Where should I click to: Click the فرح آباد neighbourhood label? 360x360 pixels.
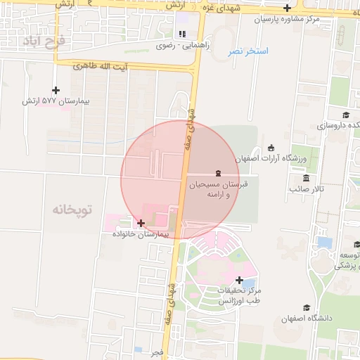(x=44, y=41)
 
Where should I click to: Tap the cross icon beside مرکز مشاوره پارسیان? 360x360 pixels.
(x=287, y=8)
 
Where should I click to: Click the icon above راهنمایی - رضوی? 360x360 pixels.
(x=183, y=33)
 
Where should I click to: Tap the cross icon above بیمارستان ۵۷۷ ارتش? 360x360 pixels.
(x=56, y=90)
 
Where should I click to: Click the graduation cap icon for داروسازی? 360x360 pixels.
(x=345, y=115)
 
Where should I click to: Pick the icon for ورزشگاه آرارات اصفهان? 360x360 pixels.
(x=271, y=148)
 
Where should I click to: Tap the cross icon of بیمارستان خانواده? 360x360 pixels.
(x=141, y=223)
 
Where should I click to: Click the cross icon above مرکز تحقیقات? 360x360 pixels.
(x=240, y=280)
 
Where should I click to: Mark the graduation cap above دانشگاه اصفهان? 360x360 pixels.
(x=306, y=308)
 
